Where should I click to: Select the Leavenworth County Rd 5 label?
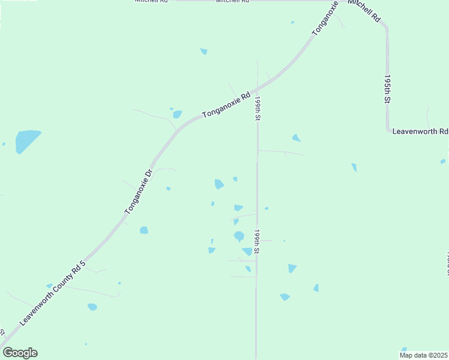coord(53,292)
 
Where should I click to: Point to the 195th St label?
coord(388,89)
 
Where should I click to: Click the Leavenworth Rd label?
coord(420,131)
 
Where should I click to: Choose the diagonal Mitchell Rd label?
coord(364,11)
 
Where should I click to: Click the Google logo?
coord(20,353)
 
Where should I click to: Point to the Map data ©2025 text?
coord(424,355)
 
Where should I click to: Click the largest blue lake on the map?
coord(26,140)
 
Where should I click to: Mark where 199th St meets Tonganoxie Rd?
coord(258,83)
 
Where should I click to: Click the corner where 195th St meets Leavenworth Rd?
coord(388,130)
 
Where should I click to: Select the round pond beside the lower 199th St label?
coord(239,236)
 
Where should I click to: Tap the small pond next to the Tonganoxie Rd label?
coord(177,114)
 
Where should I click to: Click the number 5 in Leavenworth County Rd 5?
coord(83,262)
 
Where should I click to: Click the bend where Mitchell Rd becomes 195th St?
coord(385,28)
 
